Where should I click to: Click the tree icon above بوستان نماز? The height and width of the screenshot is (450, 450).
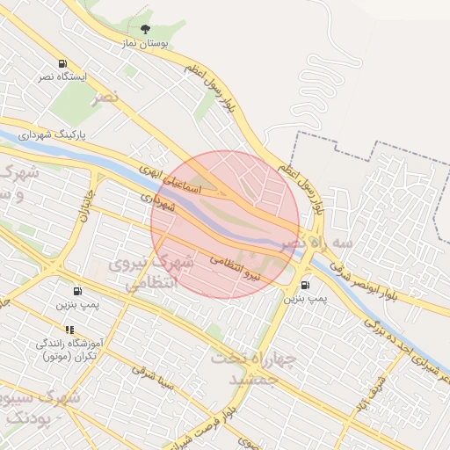(145, 29)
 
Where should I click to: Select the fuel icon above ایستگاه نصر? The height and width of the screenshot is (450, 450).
(62, 64)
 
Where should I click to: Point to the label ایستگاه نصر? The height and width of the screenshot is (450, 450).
(62, 77)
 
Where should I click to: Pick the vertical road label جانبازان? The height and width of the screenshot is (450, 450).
(88, 198)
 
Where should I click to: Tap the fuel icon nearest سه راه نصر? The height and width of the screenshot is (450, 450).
(305, 284)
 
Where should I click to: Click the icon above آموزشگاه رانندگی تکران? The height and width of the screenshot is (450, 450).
(69, 330)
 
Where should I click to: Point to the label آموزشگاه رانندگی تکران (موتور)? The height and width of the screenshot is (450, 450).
(69, 349)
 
